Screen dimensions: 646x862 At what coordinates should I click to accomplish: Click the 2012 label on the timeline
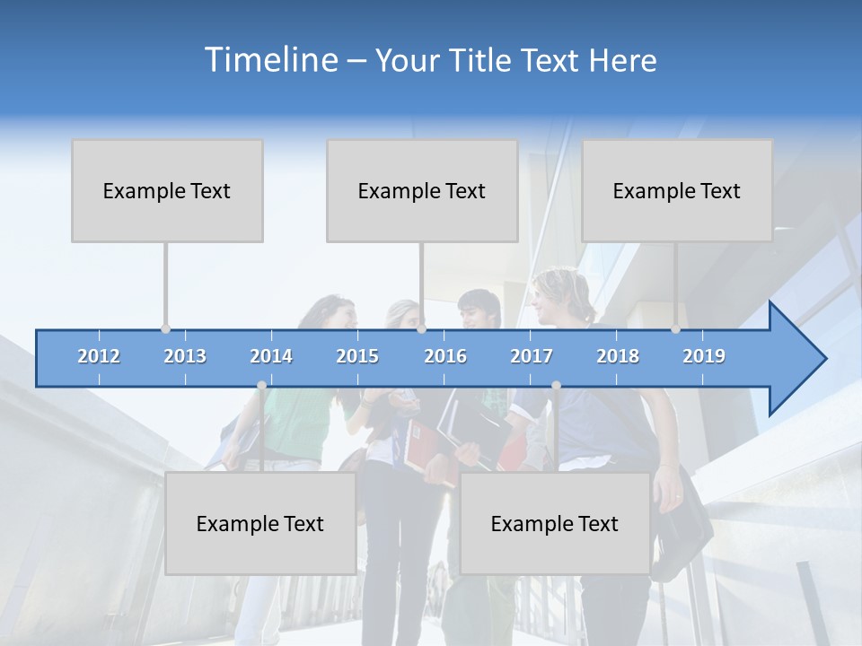click(99, 356)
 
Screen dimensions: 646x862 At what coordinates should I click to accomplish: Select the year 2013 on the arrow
click(185, 356)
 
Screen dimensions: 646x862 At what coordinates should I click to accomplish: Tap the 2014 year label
click(271, 356)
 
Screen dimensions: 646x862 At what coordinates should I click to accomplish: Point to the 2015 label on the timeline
click(357, 356)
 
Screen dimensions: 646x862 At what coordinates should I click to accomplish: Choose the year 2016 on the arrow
click(445, 356)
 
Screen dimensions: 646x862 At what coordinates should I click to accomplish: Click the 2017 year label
click(532, 356)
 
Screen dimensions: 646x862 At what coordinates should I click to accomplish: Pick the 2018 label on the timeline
click(618, 356)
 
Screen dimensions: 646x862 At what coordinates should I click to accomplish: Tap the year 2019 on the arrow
click(704, 356)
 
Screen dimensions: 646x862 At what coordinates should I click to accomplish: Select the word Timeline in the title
click(270, 60)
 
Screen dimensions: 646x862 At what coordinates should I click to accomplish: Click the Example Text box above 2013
click(167, 190)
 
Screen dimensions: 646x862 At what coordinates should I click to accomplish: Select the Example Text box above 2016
click(422, 190)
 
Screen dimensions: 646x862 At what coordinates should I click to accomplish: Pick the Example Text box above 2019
click(677, 190)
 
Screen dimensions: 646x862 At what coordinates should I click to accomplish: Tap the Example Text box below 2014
click(260, 523)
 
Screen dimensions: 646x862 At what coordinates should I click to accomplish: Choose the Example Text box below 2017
click(555, 523)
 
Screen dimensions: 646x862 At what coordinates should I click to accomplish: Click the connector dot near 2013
click(166, 329)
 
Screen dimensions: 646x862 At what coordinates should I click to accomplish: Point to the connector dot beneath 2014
click(261, 385)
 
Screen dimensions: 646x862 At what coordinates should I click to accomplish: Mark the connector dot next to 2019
click(676, 329)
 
